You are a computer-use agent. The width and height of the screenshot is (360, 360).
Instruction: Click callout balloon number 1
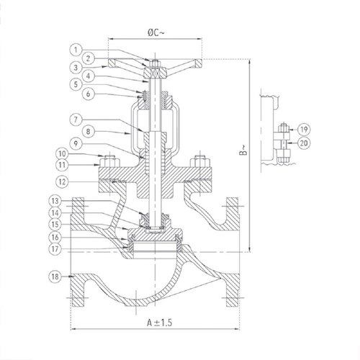76,50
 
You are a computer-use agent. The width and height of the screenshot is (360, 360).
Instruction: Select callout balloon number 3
76,68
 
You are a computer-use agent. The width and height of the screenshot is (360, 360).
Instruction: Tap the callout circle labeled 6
89,94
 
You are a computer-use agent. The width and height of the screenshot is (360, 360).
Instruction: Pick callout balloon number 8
89,132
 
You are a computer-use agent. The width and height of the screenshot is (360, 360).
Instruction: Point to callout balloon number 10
62,153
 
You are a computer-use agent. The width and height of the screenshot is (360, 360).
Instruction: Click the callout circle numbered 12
62,181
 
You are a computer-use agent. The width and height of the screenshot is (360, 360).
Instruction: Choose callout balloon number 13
55,201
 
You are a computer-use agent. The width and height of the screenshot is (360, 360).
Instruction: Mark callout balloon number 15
55,225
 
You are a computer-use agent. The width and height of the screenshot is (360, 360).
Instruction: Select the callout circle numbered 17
55,249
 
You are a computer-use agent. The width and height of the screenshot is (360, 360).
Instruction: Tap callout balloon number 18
55,276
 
